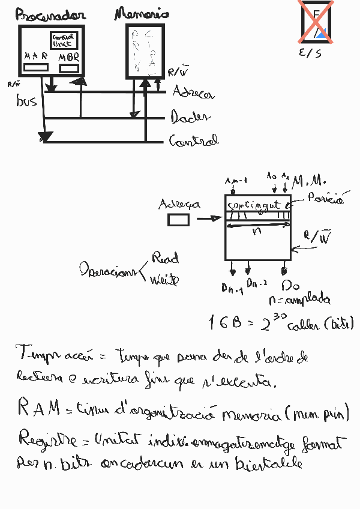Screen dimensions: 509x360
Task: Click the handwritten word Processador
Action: pyautogui.click(x=51, y=16)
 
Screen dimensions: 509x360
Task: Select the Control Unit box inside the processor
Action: pyautogui.click(x=62, y=40)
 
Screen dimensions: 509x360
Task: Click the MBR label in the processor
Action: pyautogui.click(x=69, y=58)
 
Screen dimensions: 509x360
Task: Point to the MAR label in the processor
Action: pyautogui.click(x=37, y=56)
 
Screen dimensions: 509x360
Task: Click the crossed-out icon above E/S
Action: pyautogui.click(x=317, y=22)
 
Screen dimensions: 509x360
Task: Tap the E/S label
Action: pyautogui.click(x=310, y=53)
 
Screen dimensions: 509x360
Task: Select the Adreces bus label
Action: pyautogui.click(x=193, y=93)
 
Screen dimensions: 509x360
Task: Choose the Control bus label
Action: pyautogui.click(x=194, y=141)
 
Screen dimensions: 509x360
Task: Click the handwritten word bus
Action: pyautogui.click(x=26, y=101)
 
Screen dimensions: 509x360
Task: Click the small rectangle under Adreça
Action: pyautogui.click(x=178, y=220)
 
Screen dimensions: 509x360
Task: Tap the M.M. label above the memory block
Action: pyautogui.click(x=310, y=180)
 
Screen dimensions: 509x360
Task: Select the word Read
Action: pyautogui.click(x=166, y=259)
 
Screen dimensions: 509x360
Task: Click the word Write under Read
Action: pyautogui.click(x=164, y=280)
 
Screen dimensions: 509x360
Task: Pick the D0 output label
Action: pyautogui.click(x=290, y=285)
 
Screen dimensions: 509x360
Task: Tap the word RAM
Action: pyautogui.click(x=38, y=409)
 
